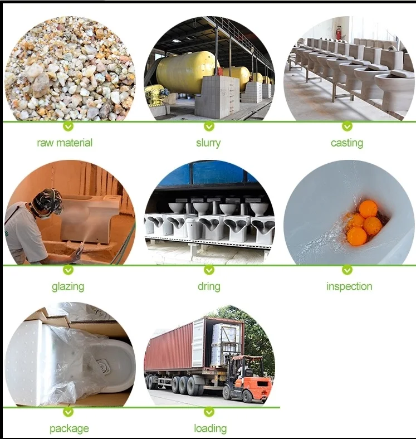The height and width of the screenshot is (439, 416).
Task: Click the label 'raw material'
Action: pyautogui.click(x=65, y=143)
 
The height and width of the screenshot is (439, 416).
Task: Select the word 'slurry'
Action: pyautogui.click(x=209, y=143)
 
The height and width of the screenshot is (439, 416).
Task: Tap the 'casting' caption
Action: pyautogui.click(x=346, y=143)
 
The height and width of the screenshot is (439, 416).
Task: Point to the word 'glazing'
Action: pyautogui.click(x=68, y=286)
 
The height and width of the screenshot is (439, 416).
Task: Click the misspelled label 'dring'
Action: pyautogui.click(x=209, y=286)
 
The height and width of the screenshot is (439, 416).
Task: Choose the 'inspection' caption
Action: pyautogui.click(x=349, y=286)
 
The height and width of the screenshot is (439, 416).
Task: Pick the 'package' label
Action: pyautogui.click(x=69, y=428)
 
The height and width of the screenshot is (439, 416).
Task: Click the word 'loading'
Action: pyautogui.click(x=210, y=428)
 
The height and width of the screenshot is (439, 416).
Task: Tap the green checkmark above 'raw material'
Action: pyautogui.click(x=68, y=126)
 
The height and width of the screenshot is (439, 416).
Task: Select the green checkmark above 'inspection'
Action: pyautogui.click(x=347, y=270)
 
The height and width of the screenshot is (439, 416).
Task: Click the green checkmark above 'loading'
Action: pyautogui.click(x=209, y=412)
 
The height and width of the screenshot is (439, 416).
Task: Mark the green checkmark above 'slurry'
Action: pyautogui.click(x=209, y=126)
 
